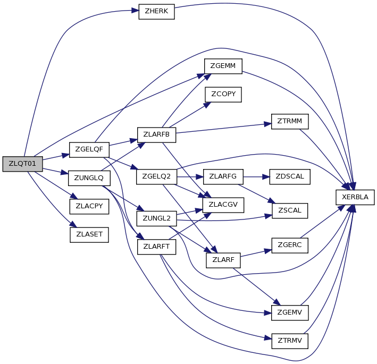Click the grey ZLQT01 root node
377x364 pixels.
[x=23, y=164]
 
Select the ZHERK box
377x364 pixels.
[x=156, y=12]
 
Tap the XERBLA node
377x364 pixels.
[x=355, y=197]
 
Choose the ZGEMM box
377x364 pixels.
[x=223, y=66]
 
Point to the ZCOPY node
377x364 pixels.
[x=223, y=95]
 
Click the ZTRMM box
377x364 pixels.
[x=290, y=121]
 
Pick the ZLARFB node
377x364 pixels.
[x=156, y=135]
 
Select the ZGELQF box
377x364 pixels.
[x=89, y=150]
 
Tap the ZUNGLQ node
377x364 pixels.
[x=89, y=178]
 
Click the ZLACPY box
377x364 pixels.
[x=89, y=206]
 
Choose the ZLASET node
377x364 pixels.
[x=89, y=235]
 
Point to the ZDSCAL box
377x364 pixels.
[x=290, y=176]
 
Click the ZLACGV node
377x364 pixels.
[x=223, y=205]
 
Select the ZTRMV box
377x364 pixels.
[x=290, y=341]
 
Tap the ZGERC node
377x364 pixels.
[x=290, y=246]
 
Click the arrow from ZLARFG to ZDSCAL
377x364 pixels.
[x=256, y=177]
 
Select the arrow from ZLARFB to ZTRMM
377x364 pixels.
[x=224, y=128]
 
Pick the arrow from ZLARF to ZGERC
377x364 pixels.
[x=256, y=253]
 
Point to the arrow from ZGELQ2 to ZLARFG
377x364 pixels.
[x=190, y=177]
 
